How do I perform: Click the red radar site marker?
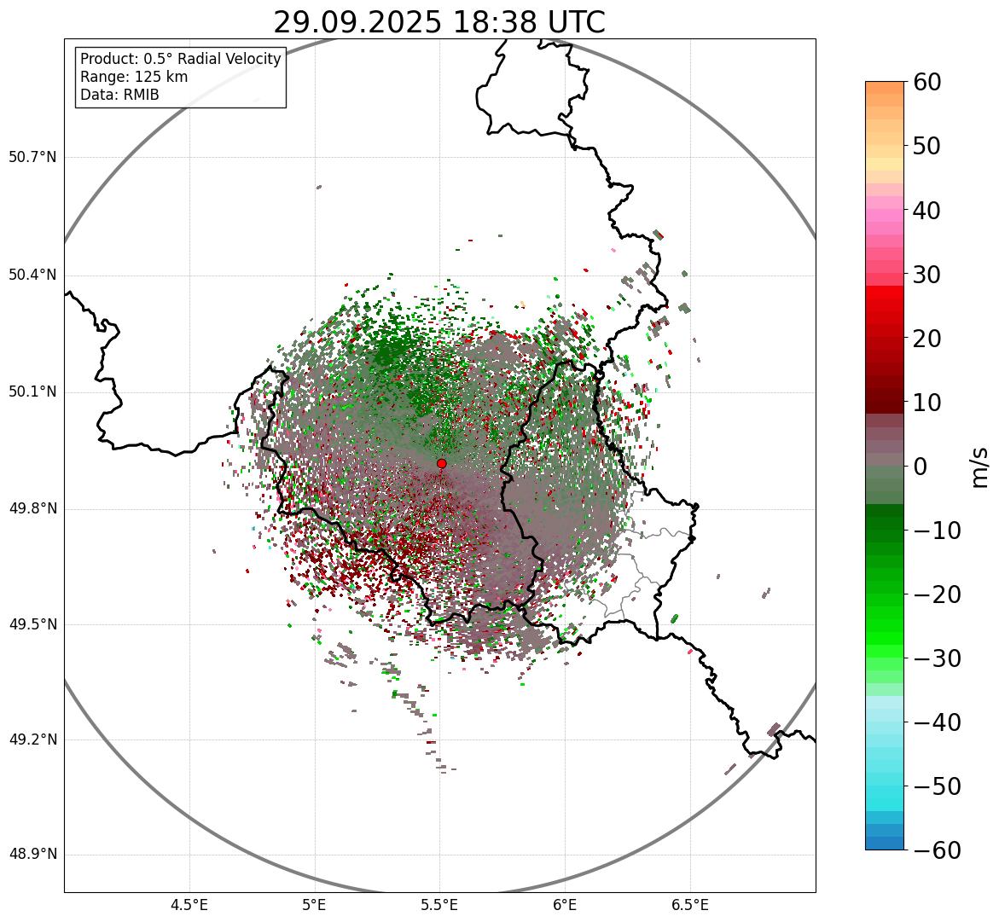(x=441, y=463)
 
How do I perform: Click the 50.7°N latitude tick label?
(x=32, y=158)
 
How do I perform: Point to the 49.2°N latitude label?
(x=32, y=739)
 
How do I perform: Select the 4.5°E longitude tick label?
(x=189, y=904)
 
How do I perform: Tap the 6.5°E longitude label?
(x=689, y=904)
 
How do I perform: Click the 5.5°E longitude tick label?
(x=439, y=904)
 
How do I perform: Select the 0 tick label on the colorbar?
(x=921, y=467)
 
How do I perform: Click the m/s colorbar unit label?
(x=979, y=467)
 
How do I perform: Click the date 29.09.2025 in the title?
(x=357, y=23)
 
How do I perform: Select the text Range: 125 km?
(x=134, y=77)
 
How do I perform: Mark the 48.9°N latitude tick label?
(x=32, y=855)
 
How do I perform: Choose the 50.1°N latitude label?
(x=32, y=392)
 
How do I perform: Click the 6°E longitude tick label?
(x=564, y=904)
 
